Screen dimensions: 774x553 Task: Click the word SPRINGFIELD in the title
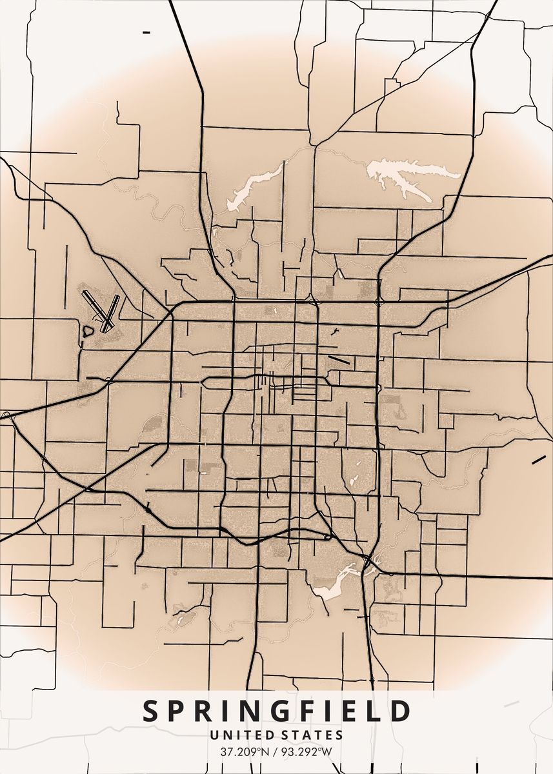pos(276,711)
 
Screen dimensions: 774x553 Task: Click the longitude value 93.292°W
pos(307,751)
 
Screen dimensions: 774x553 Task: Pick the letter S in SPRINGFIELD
pos(150,711)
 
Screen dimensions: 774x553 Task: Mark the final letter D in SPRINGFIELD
pos(401,711)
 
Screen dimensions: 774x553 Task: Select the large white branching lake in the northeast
pos(407,176)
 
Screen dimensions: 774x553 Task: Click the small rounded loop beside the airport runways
pos(88,331)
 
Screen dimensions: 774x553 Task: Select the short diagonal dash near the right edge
pos(538,460)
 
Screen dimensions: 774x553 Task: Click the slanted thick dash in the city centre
pos(338,360)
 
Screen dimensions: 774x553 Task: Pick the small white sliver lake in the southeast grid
pos(353,481)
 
